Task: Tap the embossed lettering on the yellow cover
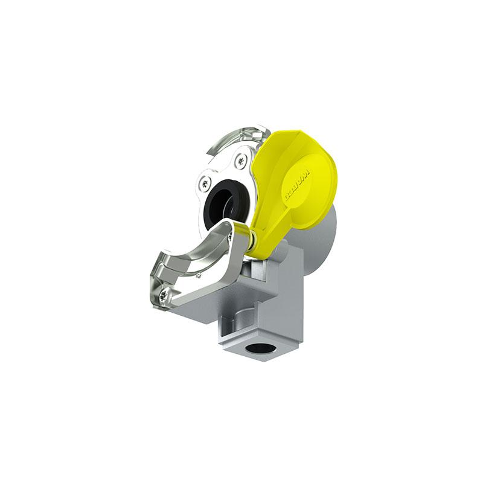coord(298,185)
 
